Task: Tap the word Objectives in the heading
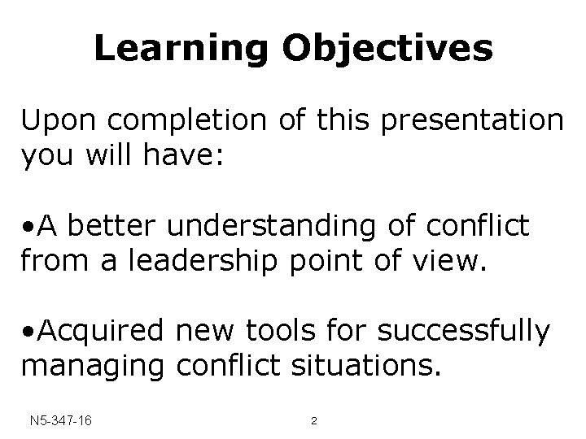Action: (387, 49)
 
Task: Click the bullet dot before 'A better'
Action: (28, 227)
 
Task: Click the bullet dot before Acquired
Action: (28, 333)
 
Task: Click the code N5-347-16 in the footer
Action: (59, 421)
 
